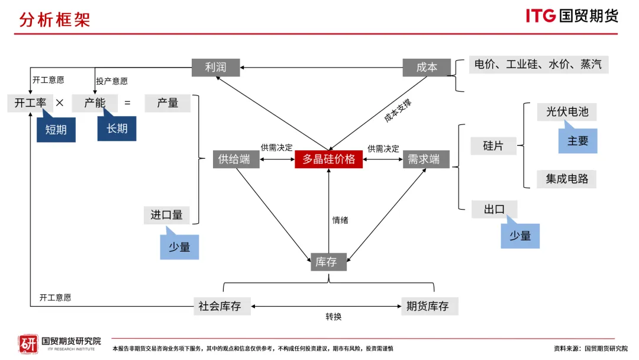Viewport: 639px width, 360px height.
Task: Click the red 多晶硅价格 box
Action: pos(328,159)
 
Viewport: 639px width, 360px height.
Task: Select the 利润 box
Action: pos(217,67)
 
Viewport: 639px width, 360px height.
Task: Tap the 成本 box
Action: pos(426,67)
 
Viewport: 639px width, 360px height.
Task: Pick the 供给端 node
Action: pos(235,159)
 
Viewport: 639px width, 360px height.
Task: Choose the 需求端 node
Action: pos(425,159)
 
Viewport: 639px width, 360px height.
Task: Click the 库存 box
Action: pos(328,262)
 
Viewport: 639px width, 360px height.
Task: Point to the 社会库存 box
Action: pos(220,306)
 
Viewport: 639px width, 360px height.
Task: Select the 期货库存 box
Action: pos(429,306)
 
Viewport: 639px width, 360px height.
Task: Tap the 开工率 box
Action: pos(30,103)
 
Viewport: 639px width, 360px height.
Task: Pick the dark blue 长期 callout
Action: pos(117,128)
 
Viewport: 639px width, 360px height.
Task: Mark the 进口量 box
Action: pos(167,215)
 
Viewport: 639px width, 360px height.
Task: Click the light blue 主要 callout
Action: pos(577,142)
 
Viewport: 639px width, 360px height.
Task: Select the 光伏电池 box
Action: pos(566,111)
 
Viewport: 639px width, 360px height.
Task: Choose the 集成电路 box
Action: pos(566,179)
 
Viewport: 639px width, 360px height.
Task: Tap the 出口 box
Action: pos(494,209)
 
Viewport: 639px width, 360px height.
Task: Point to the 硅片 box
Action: pos(493,146)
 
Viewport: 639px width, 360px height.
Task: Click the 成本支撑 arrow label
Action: pos(398,111)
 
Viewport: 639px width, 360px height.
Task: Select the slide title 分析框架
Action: pos(54,20)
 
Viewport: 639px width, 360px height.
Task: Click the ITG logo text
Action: pos(541,16)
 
